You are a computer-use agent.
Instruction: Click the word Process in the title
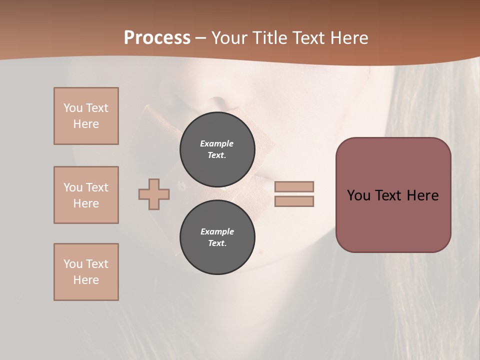157,38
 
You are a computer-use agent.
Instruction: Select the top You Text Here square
86,116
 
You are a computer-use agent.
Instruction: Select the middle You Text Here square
86,195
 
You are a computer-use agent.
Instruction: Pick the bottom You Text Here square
86,272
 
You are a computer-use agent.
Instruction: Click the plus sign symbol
154,194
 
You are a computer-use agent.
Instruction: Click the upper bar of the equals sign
294,186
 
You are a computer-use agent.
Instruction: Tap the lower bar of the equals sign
294,201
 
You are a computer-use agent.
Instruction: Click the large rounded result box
393,220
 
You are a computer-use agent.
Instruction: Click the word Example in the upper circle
217,143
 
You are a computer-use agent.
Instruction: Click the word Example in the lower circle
217,231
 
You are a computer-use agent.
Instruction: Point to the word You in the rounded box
359,195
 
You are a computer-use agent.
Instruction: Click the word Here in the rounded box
423,195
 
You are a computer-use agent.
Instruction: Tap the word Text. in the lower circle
217,243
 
